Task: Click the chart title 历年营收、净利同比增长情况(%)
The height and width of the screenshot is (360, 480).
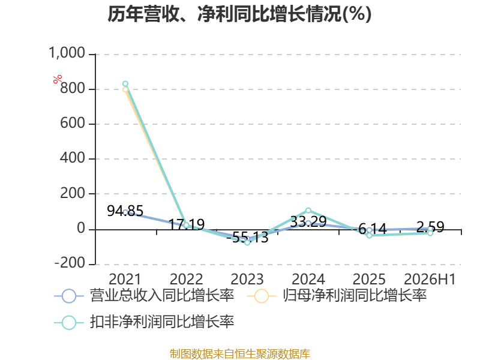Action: (x=239, y=14)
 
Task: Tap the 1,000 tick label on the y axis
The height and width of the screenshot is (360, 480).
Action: (x=67, y=53)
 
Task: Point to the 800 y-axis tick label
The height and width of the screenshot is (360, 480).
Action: (x=73, y=88)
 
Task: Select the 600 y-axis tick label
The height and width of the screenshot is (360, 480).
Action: (x=73, y=124)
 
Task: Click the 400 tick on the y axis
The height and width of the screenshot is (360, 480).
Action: (x=73, y=158)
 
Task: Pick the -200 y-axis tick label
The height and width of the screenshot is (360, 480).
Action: (x=70, y=263)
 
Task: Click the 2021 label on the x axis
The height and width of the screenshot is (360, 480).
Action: (x=125, y=279)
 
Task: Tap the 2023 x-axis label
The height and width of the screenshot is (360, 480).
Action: (x=247, y=279)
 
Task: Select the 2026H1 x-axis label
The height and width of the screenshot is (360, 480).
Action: (x=430, y=279)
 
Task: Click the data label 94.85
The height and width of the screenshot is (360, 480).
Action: (x=125, y=211)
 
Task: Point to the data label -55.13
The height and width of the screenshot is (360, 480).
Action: (x=248, y=237)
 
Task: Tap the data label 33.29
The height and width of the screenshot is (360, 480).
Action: (x=308, y=221)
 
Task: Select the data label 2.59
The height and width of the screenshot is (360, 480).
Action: (x=430, y=227)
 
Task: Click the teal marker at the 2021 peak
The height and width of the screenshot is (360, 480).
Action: (x=125, y=83)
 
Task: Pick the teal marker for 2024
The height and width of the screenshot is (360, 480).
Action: (x=308, y=211)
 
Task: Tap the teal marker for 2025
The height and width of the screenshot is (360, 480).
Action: (x=369, y=235)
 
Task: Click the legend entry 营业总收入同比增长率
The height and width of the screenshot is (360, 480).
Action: (x=144, y=296)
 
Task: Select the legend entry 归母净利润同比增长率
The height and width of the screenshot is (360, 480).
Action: (x=337, y=296)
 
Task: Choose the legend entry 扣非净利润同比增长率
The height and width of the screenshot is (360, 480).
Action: (x=144, y=322)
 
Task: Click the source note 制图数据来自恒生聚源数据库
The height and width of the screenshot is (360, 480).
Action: (x=240, y=354)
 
